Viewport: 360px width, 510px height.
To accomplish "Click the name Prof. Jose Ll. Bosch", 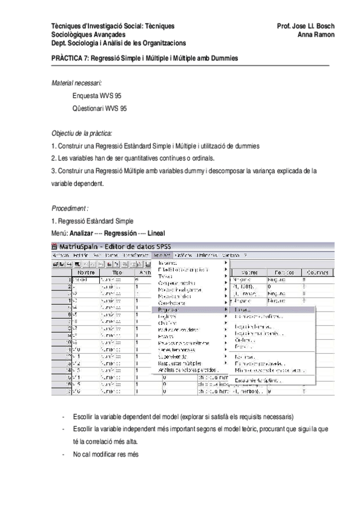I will (305, 26).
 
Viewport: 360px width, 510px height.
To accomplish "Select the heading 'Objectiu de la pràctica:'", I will (82, 134).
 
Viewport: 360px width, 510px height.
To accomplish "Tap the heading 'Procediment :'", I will (70, 207).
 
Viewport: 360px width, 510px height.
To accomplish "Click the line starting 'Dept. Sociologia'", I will (118, 43).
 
